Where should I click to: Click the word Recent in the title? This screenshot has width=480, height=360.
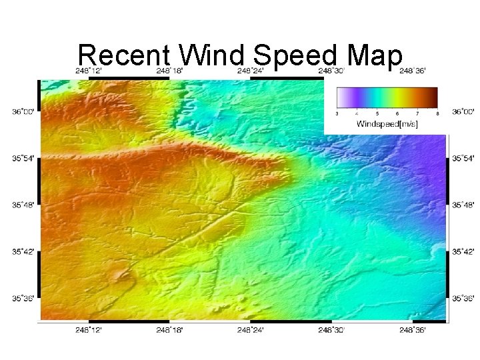click(123, 56)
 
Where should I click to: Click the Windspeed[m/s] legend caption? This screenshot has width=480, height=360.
click(387, 124)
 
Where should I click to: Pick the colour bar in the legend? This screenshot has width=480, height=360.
click(387, 98)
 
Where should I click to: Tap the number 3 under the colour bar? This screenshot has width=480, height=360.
click(337, 114)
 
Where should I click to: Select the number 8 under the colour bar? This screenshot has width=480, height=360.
click(437, 114)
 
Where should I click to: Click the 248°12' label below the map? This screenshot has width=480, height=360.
click(88, 329)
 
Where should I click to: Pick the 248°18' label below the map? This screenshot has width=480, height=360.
click(169, 329)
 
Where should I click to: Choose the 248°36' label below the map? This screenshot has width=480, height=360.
click(413, 329)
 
